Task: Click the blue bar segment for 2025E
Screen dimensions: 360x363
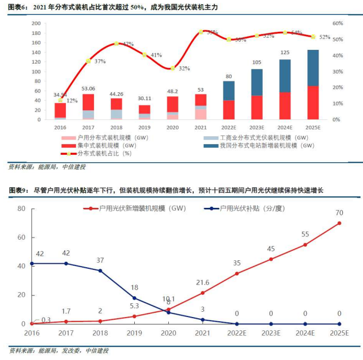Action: [313, 68]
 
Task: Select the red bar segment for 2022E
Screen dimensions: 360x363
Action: [229, 110]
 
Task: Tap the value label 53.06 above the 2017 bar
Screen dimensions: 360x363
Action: [88, 89]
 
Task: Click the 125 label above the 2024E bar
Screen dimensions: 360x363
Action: [285, 52]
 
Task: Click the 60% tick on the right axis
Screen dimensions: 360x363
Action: [338, 23]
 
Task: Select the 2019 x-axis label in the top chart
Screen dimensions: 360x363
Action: [144, 128]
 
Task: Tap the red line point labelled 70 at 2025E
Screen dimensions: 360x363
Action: [339, 223]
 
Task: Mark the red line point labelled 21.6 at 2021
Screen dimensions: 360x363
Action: [202, 293]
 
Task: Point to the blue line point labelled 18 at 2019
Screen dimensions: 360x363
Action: [134, 298]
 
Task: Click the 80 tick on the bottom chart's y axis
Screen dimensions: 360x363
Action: [21, 208]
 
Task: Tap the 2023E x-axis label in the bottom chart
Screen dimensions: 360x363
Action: [271, 333]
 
